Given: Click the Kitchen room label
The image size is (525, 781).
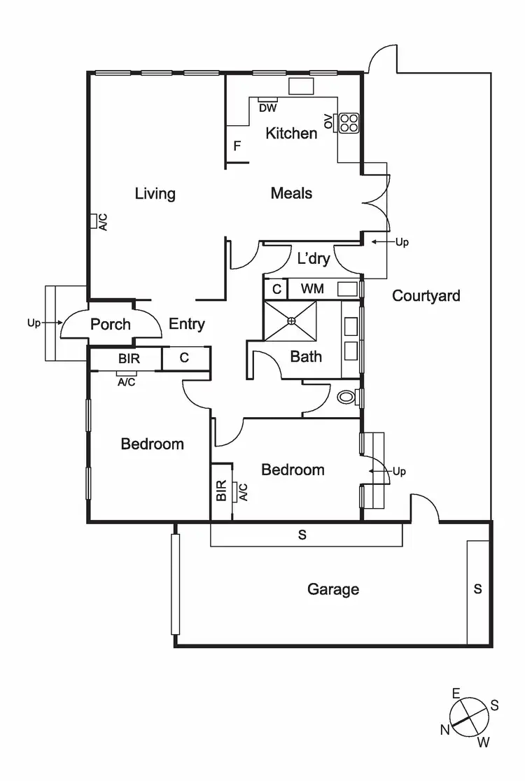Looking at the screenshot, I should pos(291,133).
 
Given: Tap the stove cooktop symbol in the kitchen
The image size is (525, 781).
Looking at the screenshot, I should pos(348,122).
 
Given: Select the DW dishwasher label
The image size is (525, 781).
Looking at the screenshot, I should pos(267,108).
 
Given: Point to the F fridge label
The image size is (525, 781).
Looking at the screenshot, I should pos(237,146).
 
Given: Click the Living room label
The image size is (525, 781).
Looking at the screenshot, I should pos(155,194).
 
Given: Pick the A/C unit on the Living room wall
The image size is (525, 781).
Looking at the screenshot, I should pos(93,221).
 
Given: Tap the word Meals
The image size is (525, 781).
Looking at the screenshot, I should pos(291,194).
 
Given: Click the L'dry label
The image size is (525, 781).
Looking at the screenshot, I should pos(313,259).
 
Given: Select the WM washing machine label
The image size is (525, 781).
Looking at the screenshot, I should pos(311,288).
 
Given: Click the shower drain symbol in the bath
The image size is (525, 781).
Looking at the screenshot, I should pos(291,320).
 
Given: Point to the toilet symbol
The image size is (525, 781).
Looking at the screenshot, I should pos(346,397).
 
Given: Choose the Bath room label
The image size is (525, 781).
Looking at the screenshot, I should pos(306,357).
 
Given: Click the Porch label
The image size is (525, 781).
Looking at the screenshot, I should pos(111,325).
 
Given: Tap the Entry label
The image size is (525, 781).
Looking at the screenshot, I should pos(187,324).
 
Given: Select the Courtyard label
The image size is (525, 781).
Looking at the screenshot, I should pos(426,296).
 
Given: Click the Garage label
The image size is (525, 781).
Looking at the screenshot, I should pos(333,589).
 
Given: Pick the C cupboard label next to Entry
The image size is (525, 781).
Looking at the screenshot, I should pos(184,358).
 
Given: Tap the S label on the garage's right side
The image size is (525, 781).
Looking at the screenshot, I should pos(478,589).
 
